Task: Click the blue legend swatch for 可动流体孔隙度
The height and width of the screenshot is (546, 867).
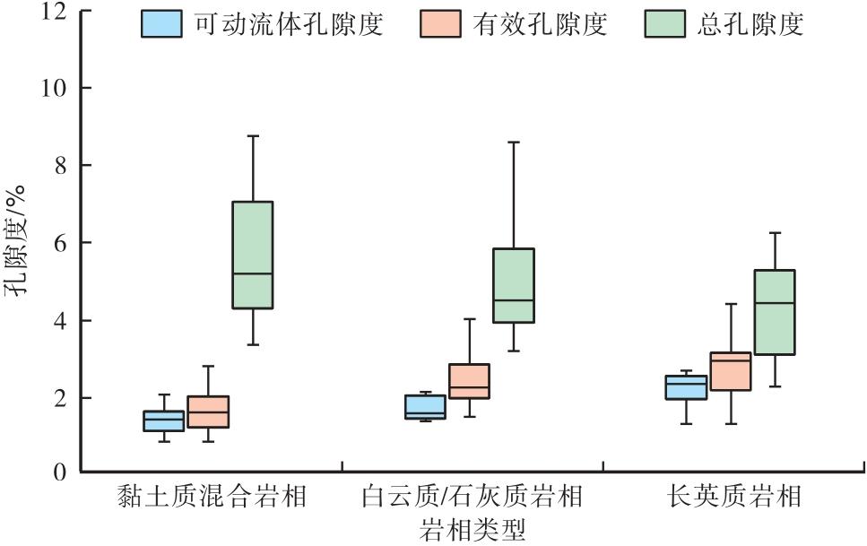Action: (x=161, y=24)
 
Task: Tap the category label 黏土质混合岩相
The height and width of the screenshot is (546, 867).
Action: (x=212, y=497)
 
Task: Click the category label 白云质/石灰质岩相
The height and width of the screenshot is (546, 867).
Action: (x=472, y=497)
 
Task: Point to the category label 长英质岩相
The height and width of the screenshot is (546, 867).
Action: (x=733, y=497)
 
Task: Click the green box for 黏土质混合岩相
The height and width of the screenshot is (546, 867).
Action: (x=252, y=255)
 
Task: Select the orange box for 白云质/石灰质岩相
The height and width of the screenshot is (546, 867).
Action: (x=469, y=381)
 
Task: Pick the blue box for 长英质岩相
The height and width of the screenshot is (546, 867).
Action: (x=686, y=387)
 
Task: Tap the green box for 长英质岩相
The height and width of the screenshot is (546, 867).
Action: (x=774, y=312)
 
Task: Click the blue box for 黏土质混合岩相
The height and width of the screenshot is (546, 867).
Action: (x=164, y=420)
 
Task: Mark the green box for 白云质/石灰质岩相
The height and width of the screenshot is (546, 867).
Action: (x=514, y=285)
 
